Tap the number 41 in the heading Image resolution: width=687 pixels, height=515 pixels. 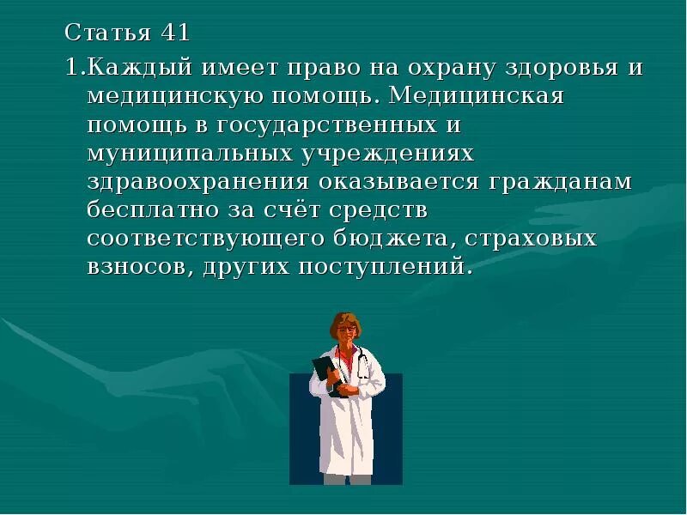coord(174,35)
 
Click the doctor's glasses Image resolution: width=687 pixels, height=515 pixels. coord(346,330)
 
